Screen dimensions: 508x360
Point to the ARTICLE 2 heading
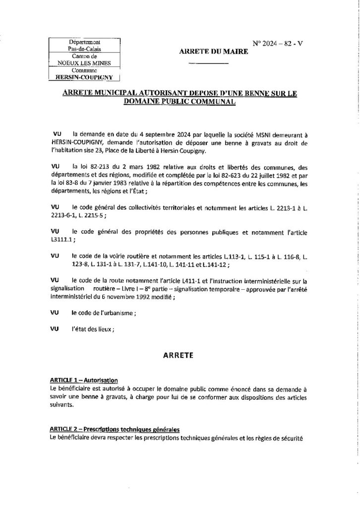pos(115,429)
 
